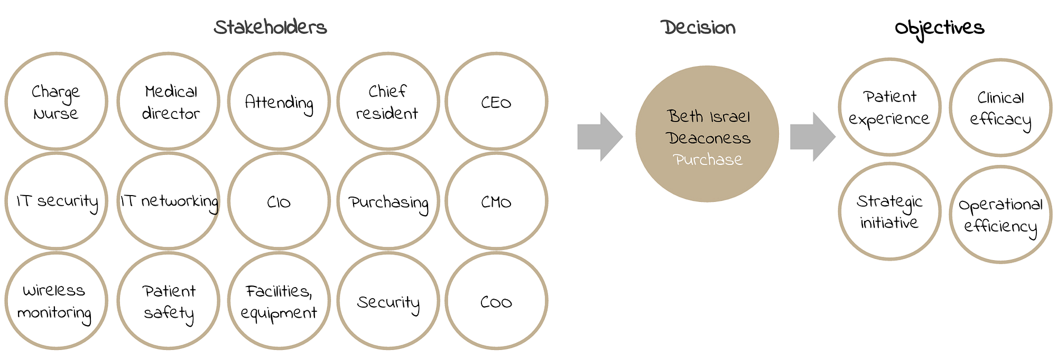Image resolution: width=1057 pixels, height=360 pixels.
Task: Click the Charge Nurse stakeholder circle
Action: tap(56, 101)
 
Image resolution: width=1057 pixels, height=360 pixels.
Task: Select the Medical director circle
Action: tap(169, 101)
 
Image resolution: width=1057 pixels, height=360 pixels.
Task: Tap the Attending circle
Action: tap(279, 101)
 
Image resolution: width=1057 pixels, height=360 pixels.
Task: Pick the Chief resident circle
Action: tap(388, 101)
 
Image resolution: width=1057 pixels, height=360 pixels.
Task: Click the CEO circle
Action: tap(496, 101)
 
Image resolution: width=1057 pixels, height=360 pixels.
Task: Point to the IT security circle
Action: tap(56, 201)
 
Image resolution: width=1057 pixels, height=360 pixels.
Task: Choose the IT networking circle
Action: tap(169, 201)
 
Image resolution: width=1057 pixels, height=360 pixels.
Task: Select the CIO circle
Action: tap(279, 201)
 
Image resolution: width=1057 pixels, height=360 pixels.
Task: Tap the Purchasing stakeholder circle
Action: tap(388, 201)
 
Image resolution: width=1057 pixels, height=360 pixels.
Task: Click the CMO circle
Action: tap(496, 201)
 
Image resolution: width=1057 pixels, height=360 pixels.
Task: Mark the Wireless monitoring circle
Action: tap(56, 301)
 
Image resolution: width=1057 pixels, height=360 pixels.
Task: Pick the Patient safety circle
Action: tap(169, 301)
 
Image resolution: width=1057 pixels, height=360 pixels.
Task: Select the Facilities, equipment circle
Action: tap(279, 301)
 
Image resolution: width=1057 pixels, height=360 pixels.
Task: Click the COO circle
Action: tap(496, 301)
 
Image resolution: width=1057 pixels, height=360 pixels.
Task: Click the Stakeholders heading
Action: tap(270, 27)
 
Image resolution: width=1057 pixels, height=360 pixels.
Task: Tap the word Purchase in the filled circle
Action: tap(707, 160)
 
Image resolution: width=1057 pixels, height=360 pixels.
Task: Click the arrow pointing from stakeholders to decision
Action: tap(600, 137)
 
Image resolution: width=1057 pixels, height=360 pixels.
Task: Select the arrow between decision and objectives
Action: tap(812, 137)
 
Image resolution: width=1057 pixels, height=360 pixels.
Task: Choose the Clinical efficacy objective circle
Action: tap(1000, 108)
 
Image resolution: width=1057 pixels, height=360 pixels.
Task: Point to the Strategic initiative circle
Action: tap(889, 211)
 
